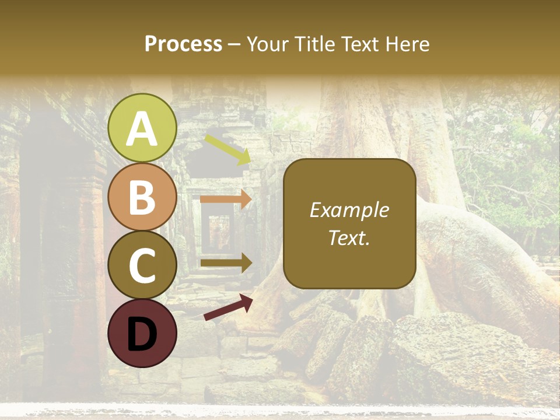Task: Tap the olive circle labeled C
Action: click(x=142, y=265)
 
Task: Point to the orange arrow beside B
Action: click(x=226, y=199)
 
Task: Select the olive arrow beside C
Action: click(x=226, y=262)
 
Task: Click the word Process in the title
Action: click(x=183, y=44)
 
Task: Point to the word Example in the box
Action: click(x=349, y=210)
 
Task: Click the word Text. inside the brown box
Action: click(x=349, y=237)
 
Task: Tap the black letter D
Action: click(x=142, y=334)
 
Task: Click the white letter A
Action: click(x=142, y=129)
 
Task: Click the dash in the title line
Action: click(x=235, y=44)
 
